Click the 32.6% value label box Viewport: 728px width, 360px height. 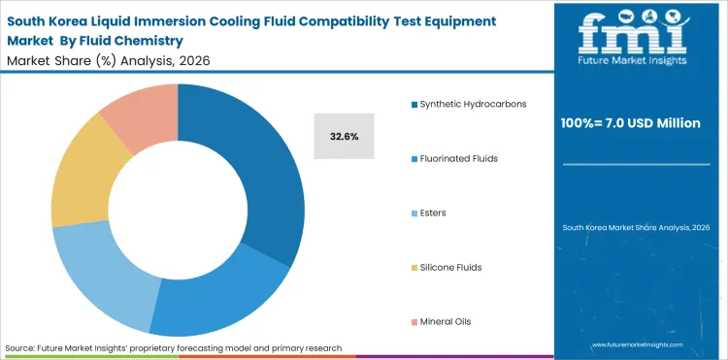(x=344, y=137)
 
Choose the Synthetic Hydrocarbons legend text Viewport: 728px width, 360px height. (x=473, y=104)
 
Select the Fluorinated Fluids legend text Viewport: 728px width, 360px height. (x=459, y=157)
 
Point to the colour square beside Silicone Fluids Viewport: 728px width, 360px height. (x=414, y=266)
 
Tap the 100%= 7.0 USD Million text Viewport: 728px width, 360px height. (x=638, y=123)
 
